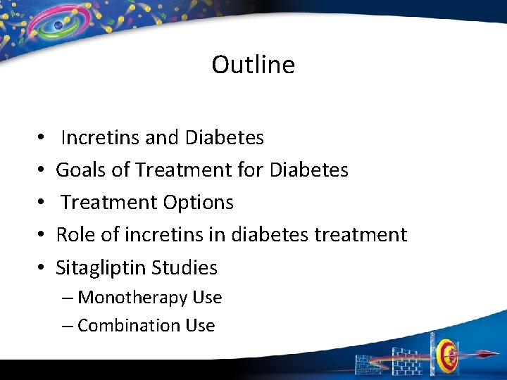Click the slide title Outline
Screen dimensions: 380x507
(x=253, y=65)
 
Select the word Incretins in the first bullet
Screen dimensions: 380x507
(x=100, y=137)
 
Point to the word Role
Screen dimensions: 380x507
(x=74, y=234)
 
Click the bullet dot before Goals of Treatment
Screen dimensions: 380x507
(x=42, y=170)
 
